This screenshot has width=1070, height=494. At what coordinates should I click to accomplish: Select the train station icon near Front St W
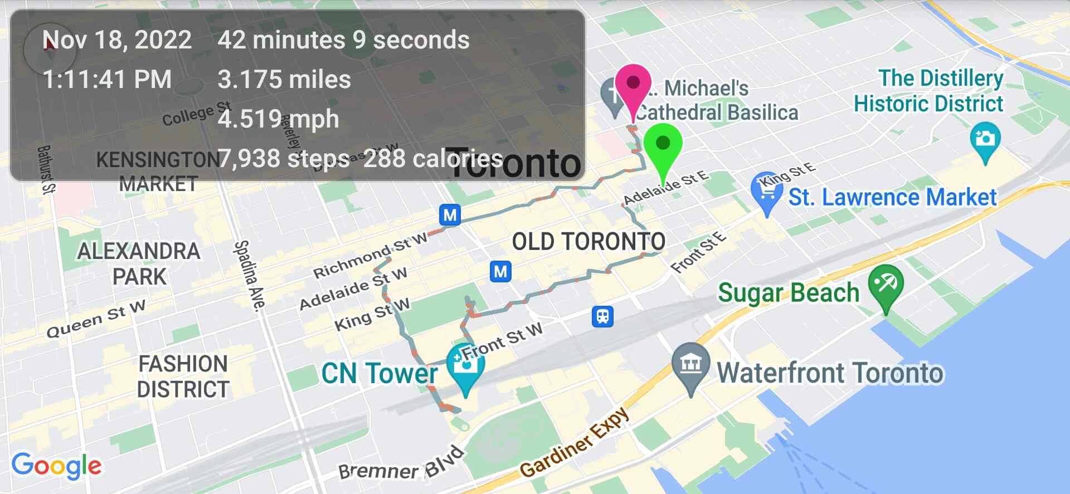pyautogui.click(x=602, y=316)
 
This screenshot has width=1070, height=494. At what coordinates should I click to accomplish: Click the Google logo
pyautogui.click(x=57, y=466)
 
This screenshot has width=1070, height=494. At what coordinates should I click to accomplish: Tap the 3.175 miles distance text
pyautogui.click(x=284, y=80)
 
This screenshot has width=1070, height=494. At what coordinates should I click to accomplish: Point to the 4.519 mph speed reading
pyautogui.click(x=278, y=119)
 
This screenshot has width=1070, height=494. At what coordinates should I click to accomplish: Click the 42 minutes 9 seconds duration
pyautogui.click(x=343, y=40)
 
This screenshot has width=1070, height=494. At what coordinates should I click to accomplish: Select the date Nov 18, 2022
pyautogui.click(x=117, y=40)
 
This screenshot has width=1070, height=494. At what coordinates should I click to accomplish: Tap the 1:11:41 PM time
pyautogui.click(x=107, y=80)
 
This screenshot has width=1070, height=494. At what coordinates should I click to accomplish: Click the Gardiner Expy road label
pyautogui.click(x=575, y=443)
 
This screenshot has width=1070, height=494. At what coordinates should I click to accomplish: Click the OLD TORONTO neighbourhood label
pyautogui.click(x=588, y=242)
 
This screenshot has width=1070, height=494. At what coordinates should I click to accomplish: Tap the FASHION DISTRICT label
pyautogui.click(x=183, y=376)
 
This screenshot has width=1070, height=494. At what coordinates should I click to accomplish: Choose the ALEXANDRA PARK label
pyautogui.click(x=139, y=263)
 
